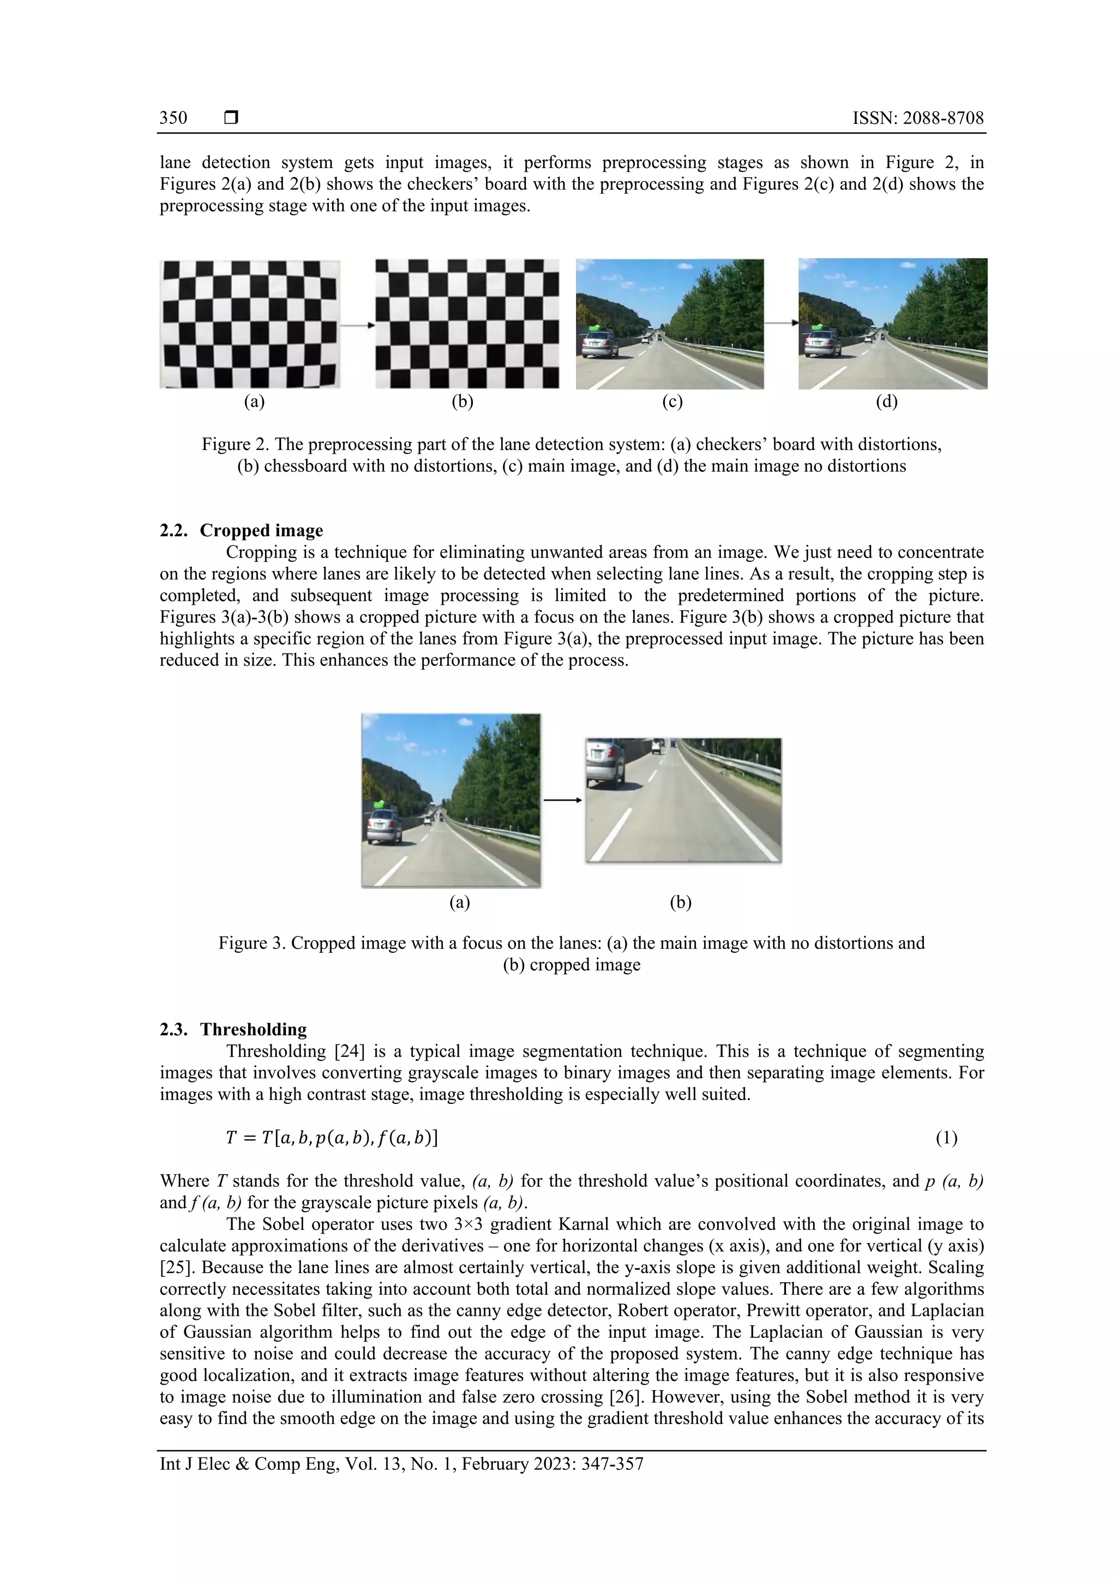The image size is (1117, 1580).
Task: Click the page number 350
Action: [x=173, y=118]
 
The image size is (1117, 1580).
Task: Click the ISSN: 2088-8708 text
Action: [x=917, y=118]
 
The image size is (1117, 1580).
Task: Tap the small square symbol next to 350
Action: [x=231, y=118]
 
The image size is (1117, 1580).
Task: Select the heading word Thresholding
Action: [x=253, y=1030]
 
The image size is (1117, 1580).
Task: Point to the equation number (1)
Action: [x=946, y=1138]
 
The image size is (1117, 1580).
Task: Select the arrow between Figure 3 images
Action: [x=562, y=800]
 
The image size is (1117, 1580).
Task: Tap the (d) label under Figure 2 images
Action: [x=886, y=402]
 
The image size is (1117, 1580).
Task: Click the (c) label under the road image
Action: [x=672, y=402]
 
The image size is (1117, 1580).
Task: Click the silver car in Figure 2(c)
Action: [x=599, y=344]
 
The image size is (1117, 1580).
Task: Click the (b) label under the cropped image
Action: [x=680, y=902]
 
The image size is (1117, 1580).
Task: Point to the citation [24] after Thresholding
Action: [x=349, y=1052]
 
